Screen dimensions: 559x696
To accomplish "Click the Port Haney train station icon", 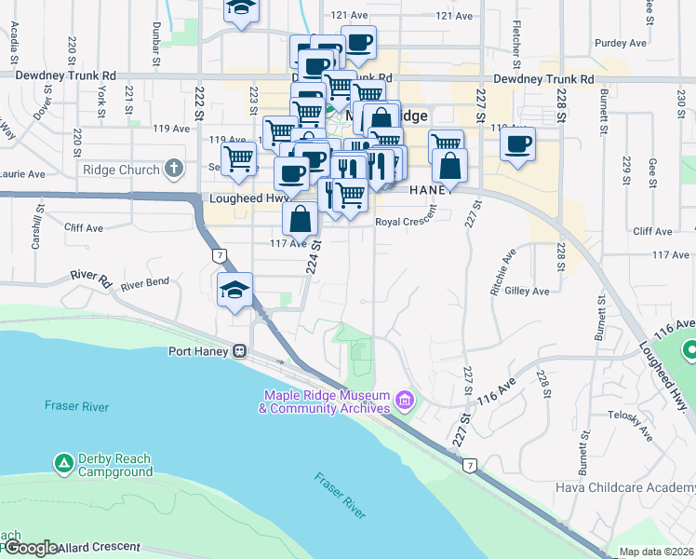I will (239, 351).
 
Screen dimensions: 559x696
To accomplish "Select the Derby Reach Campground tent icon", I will (63, 462).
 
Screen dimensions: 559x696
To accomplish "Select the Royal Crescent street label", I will (407, 222).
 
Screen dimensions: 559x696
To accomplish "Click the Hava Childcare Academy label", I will (624, 487).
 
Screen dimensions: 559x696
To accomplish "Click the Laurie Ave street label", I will (22, 173).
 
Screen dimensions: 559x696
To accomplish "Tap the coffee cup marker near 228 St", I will (517, 144).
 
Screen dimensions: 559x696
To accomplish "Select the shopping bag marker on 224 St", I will (301, 219).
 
